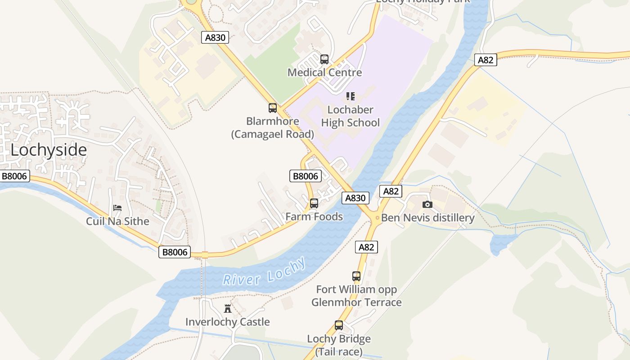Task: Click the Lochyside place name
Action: coord(49,150)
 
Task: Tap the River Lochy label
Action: coord(265,272)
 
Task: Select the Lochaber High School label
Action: coord(351,116)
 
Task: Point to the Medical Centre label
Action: coord(324,72)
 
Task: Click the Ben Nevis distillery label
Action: coord(427,218)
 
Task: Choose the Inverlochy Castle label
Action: coord(228,322)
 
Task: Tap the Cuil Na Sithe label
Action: coord(117,221)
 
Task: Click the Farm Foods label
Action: coord(314,216)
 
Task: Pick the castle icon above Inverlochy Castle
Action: coord(228,309)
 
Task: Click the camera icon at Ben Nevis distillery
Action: coord(427,205)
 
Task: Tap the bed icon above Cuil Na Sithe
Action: coord(117,208)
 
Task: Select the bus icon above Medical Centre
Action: coord(324,59)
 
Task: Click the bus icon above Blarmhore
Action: coord(273,108)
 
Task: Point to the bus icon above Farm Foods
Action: coord(314,203)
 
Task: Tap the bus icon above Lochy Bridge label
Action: coord(339,325)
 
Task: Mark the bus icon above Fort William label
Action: coord(356,276)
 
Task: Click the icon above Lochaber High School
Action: coord(351,96)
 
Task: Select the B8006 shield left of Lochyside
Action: coord(14,176)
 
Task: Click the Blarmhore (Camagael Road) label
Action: coord(273,127)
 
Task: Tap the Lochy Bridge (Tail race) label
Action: coord(339,345)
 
